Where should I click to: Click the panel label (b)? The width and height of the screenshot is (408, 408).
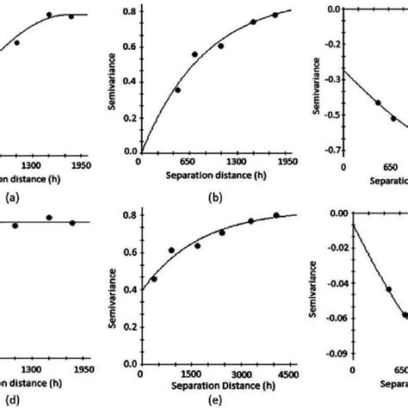[x=215, y=197]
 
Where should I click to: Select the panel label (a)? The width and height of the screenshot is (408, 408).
[x=12, y=197]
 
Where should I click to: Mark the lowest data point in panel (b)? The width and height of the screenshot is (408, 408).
[x=178, y=90]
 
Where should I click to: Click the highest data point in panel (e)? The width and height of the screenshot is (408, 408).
[x=276, y=215]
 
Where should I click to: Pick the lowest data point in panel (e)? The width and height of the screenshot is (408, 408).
[x=154, y=278]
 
